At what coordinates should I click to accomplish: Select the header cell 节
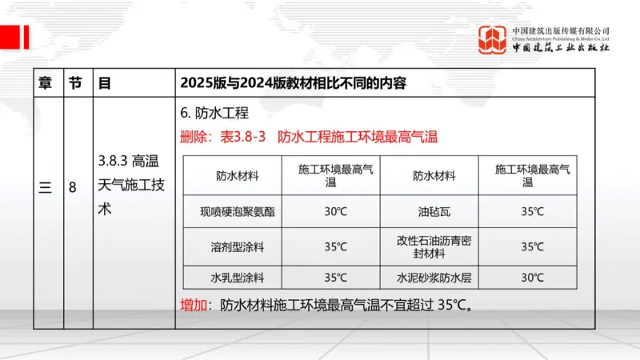74,82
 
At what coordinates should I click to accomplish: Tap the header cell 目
104,82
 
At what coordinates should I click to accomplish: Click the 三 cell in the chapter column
46,188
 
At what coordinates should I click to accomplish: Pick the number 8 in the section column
73,188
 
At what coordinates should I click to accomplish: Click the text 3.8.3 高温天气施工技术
132,185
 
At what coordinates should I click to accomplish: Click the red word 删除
194,136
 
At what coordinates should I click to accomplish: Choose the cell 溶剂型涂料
232,246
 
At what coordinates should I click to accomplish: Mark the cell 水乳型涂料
232,278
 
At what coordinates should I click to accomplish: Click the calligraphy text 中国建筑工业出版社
561,47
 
